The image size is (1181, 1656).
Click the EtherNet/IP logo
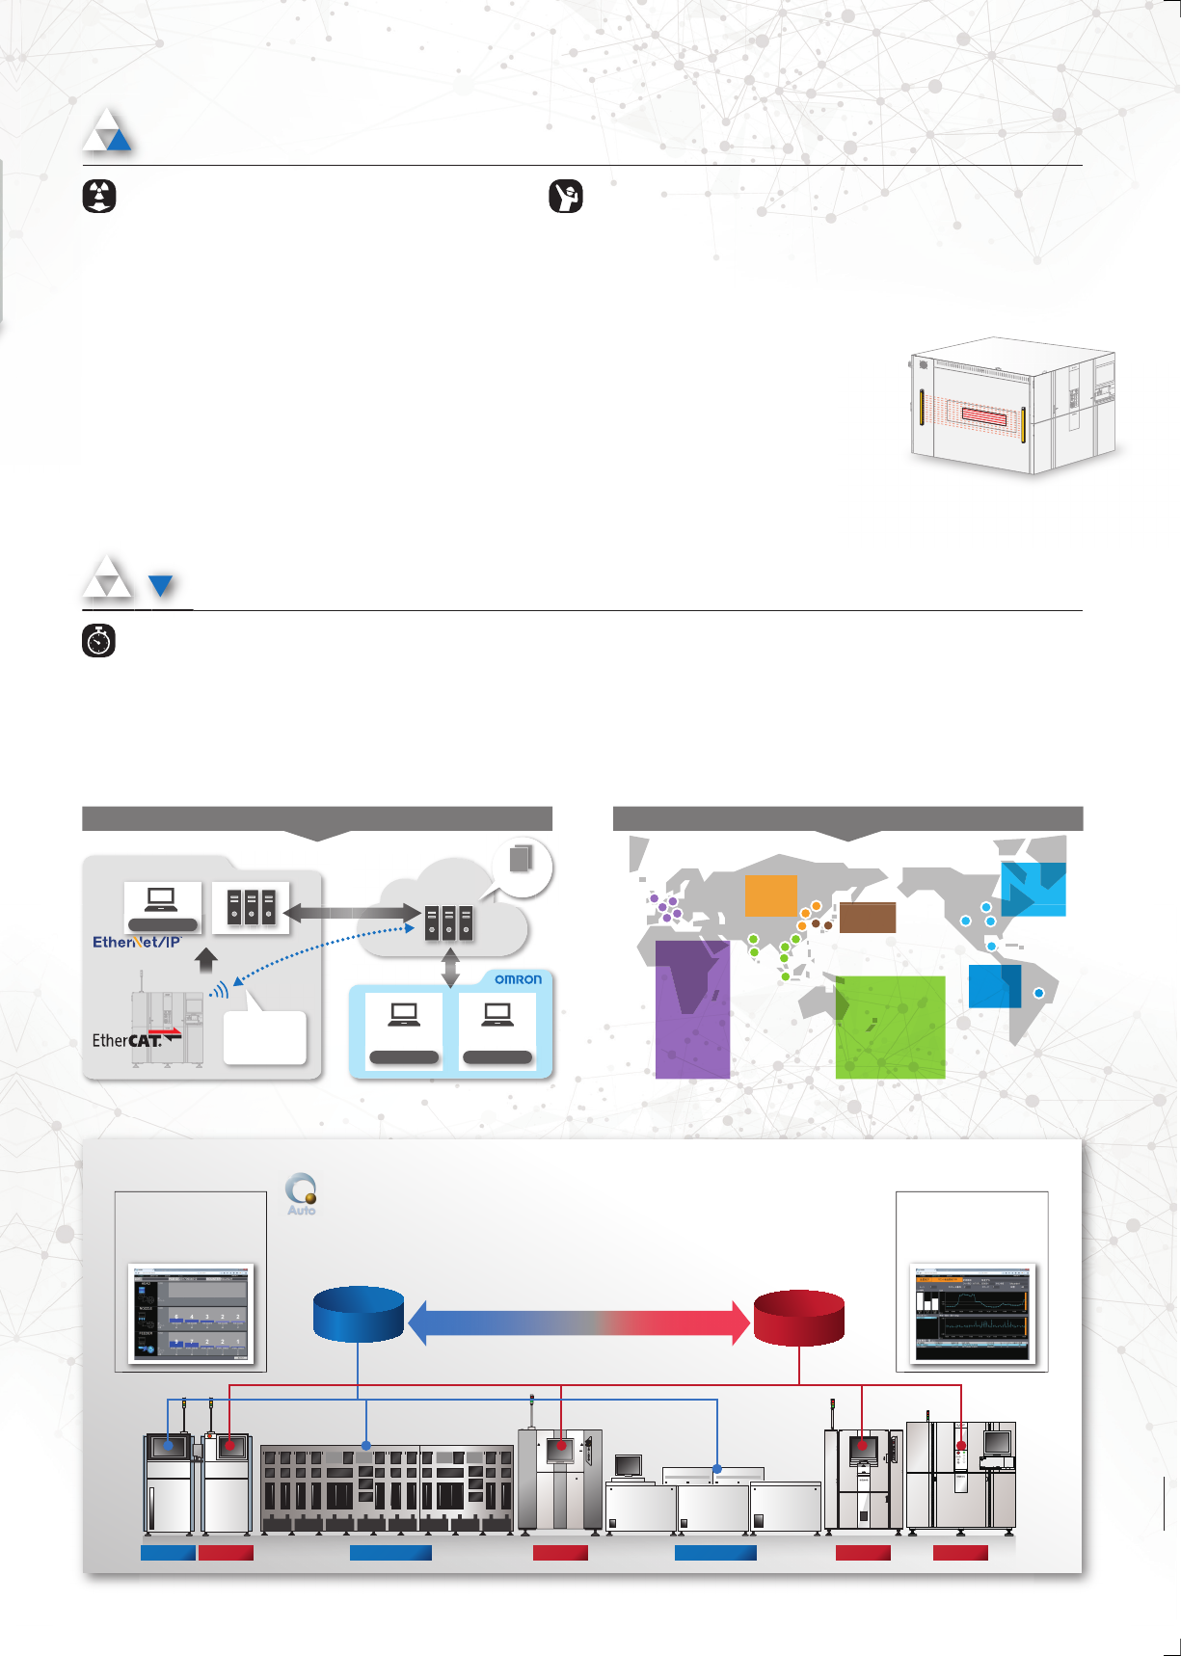(137, 942)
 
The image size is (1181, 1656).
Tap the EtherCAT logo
(127, 1040)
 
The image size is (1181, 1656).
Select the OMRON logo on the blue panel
(518, 979)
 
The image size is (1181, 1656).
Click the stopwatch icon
(99, 642)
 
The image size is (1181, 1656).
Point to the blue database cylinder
(359, 1315)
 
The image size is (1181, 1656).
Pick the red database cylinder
(798, 1318)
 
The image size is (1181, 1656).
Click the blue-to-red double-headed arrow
(578, 1322)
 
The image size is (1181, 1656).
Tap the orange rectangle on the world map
(771, 895)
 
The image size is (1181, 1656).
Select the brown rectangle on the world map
(868, 918)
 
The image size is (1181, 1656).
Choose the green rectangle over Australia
(890, 1027)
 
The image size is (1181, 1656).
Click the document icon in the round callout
(522, 858)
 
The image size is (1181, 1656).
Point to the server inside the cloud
(449, 922)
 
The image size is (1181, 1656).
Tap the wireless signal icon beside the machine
(220, 990)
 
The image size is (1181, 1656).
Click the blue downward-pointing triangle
(161, 585)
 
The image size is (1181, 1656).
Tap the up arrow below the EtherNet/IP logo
(206, 961)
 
